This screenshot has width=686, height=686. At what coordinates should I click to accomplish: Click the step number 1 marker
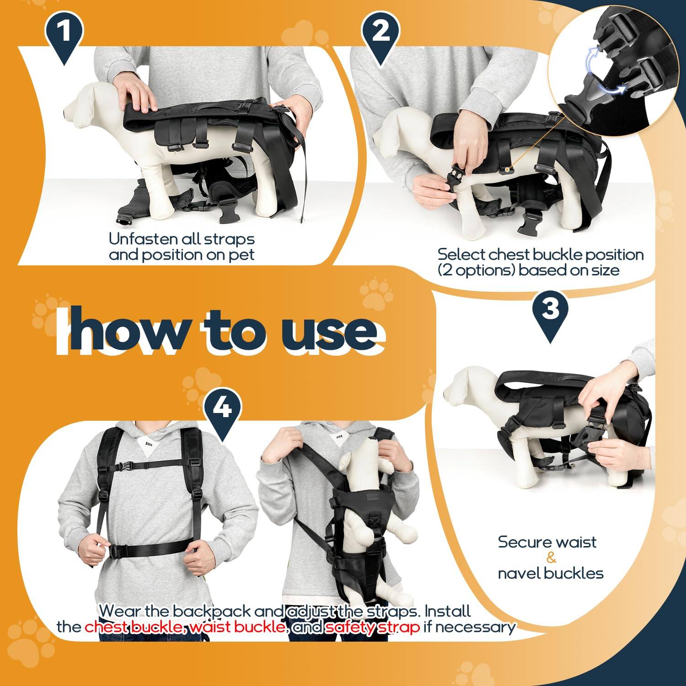tap(64, 33)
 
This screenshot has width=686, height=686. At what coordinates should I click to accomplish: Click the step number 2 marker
tap(381, 33)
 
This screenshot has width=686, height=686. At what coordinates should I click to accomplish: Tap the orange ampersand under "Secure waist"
tap(551, 558)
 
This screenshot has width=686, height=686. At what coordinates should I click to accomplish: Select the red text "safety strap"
tap(372, 627)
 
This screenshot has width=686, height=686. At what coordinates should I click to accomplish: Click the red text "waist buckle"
tap(238, 627)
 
